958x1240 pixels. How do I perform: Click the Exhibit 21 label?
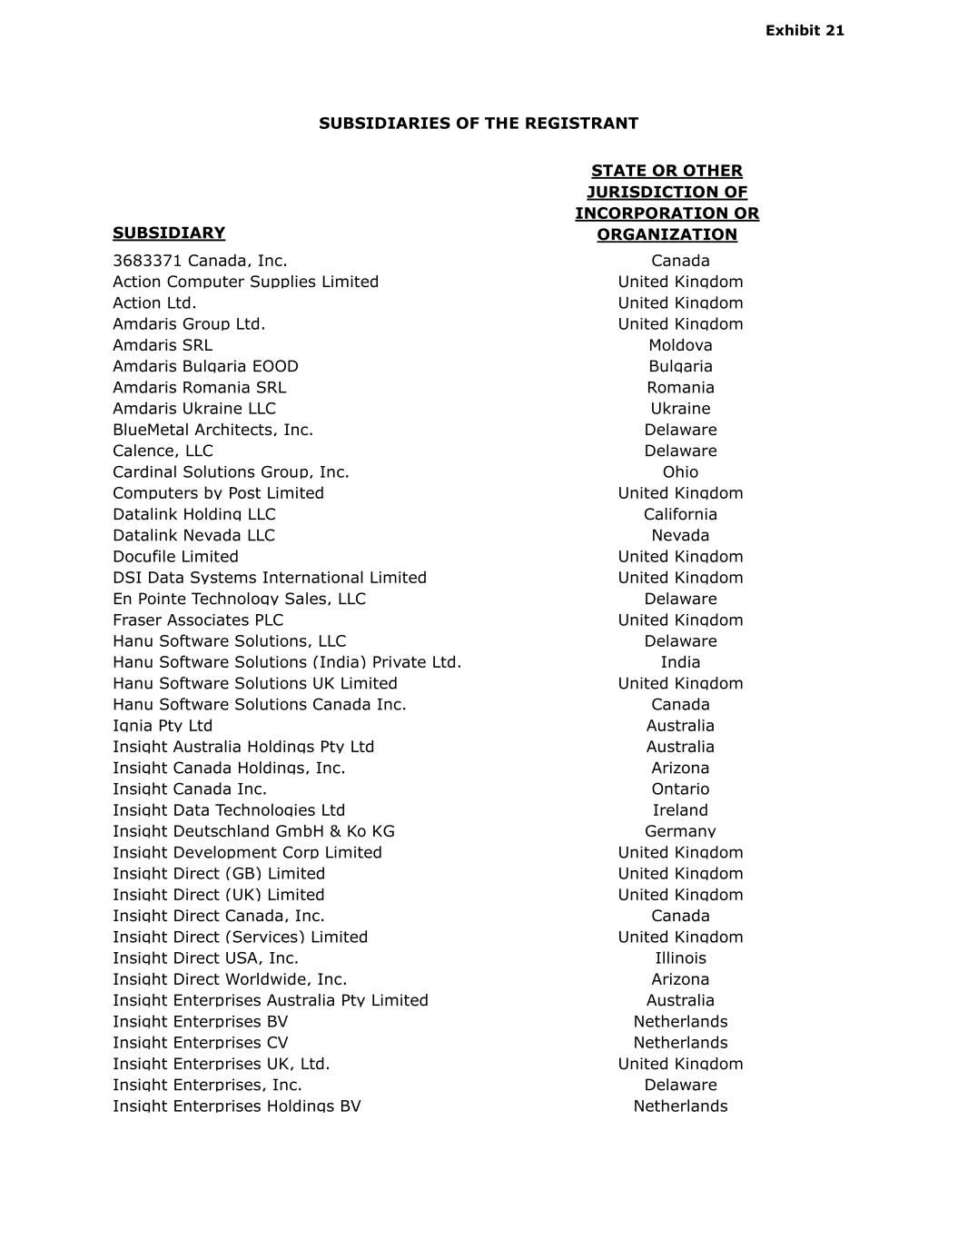(805, 31)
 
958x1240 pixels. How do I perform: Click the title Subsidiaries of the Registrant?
(479, 124)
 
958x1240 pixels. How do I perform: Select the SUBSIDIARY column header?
(169, 233)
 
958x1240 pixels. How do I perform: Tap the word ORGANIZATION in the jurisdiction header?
(667, 234)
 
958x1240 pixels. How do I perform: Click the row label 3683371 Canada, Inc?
(200, 261)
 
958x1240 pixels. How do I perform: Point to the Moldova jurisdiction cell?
(680, 345)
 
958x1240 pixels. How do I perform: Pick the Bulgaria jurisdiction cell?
(680, 366)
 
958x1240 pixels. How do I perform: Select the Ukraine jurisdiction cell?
(680, 409)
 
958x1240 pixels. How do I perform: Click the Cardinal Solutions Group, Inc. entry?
(231, 472)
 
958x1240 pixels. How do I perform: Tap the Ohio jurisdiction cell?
(680, 472)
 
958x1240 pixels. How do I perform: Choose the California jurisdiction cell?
(680, 514)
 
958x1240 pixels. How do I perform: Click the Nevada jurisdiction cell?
(680, 535)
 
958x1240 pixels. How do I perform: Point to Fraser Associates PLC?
(198, 620)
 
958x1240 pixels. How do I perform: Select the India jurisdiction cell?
(680, 662)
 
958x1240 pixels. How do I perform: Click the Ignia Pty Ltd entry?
(163, 726)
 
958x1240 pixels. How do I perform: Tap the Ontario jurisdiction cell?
(680, 789)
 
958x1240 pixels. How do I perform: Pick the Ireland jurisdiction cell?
(680, 810)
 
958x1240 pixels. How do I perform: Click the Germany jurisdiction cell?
(680, 831)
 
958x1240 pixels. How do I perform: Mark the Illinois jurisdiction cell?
(680, 958)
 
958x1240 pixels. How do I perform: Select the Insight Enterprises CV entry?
(200, 1043)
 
